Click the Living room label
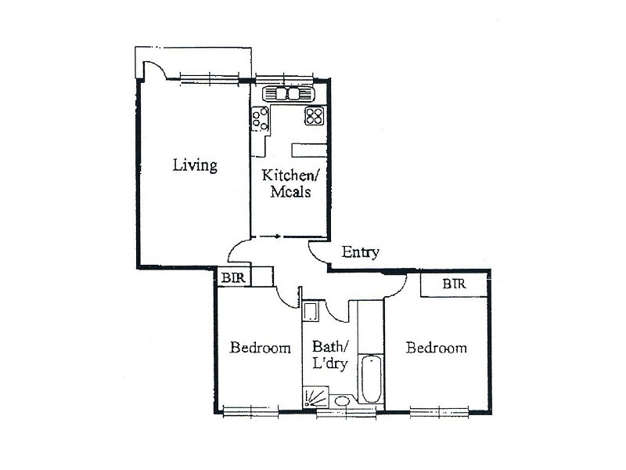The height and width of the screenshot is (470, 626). click(x=195, y=166)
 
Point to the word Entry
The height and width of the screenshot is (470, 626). click(x=360, y=252)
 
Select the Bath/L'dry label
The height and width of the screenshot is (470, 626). click(x=329, y=354)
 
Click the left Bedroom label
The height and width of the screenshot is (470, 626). click(x=260, y=348)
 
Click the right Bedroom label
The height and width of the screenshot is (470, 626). click(x=437, y=348)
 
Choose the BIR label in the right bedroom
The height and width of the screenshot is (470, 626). click(x=454, y=284)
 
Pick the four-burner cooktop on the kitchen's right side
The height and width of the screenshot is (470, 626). click(x=315, y=116)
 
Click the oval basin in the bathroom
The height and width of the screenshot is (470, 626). click(x=341, y=403)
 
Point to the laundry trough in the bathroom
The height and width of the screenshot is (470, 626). click(x=310, y=313)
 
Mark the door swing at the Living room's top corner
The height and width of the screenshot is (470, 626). click(x=153, y=69)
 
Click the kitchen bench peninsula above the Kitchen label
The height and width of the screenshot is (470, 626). click(x=308, y=150)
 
